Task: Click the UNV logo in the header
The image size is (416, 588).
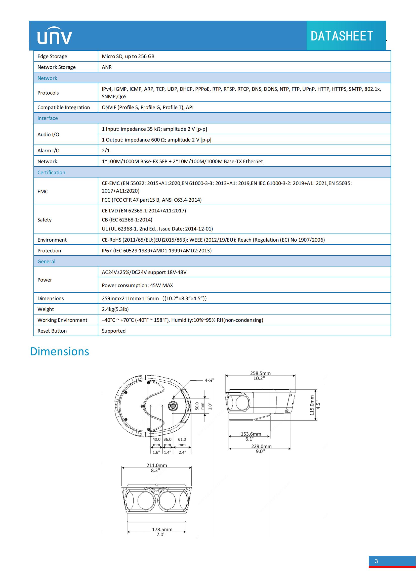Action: (55, 36)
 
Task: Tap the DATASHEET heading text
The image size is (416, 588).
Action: (342, 36)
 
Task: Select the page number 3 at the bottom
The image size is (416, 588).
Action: (376, 561)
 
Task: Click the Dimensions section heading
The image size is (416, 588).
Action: (59, 351)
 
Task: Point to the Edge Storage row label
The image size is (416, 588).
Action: (52, 56)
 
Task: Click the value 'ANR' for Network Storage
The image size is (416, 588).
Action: (107, 67)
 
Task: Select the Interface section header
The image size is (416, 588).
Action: (48, 118)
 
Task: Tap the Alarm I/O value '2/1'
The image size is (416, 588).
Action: (106, 151)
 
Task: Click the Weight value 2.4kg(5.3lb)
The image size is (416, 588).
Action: (115, 309)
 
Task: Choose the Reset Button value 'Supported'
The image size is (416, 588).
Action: (113, 331)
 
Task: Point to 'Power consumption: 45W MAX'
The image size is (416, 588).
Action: (137, 285)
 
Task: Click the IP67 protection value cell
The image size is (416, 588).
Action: (156, 250)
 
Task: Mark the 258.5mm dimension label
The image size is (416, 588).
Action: (260, 373)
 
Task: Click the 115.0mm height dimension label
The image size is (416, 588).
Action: (312, 405)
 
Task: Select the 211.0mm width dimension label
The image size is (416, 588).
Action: (156, 465)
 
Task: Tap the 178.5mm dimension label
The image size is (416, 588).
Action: (162, 529)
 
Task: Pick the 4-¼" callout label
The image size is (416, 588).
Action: (209, 380)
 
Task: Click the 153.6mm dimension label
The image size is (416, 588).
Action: (251, 434)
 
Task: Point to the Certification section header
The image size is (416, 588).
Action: (51, 172)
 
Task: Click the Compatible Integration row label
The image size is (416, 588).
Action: (64, 107)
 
